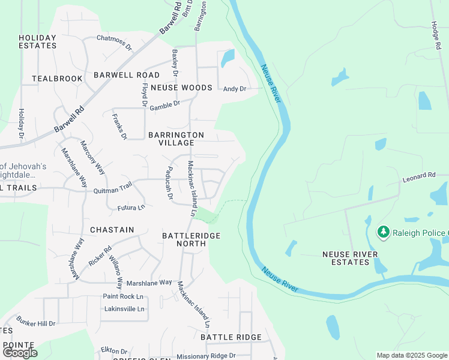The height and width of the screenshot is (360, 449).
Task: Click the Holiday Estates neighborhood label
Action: [37, 41]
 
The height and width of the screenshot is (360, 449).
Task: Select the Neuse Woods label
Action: [181, 88]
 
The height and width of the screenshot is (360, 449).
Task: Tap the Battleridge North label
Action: [191, 240]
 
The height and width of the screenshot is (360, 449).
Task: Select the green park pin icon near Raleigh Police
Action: [382, 232]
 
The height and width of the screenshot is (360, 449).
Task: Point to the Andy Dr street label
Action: [235, 89]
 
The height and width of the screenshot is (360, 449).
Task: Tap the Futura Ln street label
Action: [131, 208]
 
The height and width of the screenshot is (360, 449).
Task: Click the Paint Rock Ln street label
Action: [123, 296]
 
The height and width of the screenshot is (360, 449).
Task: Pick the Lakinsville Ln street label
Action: [125, 309]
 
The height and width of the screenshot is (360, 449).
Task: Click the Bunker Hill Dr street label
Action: [36, 323]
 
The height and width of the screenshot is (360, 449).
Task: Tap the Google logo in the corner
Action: [20, 352]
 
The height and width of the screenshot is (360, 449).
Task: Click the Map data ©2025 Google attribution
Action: [412, 355]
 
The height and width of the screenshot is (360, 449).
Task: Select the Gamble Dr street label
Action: [164, 104]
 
